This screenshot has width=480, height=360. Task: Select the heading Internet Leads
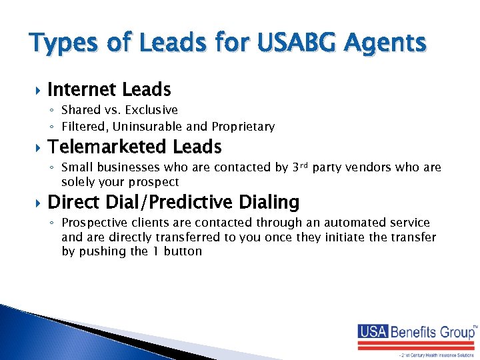click(109, 89)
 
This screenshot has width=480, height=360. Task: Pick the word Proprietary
click(243, 126)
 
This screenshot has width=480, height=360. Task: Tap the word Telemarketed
click(107, 147)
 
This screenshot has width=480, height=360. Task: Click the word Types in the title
click(61, 44)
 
